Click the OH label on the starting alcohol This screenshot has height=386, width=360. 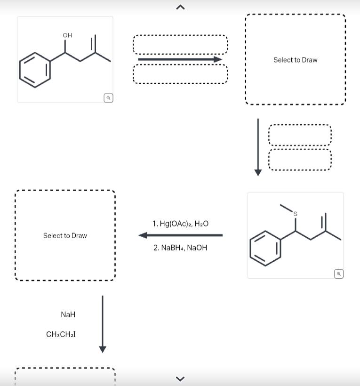(x=67, y=35)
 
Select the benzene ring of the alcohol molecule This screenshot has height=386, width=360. (x=35, y=70)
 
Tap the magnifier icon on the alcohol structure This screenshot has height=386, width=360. (x=108, y=98)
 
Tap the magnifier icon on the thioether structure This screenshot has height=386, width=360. (x=338, y=273)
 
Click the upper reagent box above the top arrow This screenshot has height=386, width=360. (x=180, y=45)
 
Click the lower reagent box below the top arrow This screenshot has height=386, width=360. (x=180, y=74)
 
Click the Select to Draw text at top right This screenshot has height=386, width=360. (x=296, y=60)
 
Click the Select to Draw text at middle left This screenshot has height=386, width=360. (x=65, y=235)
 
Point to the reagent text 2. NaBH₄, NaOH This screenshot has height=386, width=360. (x=180, y=248)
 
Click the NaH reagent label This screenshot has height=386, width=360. (x=68, y=314)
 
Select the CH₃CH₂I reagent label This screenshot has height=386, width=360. (x=61, y=335)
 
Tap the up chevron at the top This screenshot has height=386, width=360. (x=180, y=7)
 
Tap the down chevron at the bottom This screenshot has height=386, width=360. (x=180, y=378)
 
